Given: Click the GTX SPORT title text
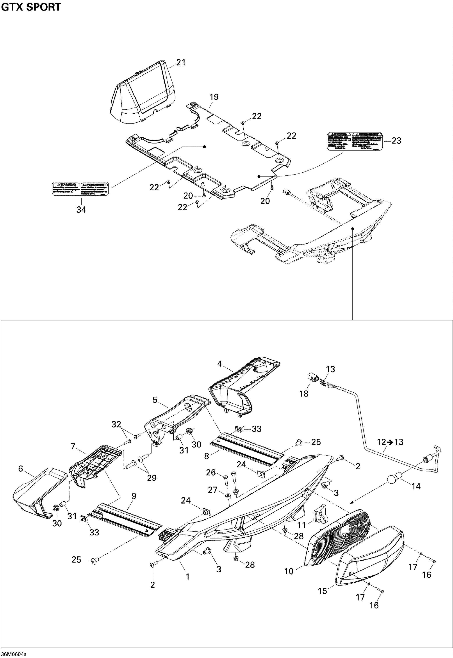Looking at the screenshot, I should click(31, 7).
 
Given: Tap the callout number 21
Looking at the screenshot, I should click(181, 63).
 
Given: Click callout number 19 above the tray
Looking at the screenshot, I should click(214, 97).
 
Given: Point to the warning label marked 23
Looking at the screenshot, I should click(355, 141).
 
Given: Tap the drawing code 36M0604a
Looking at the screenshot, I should click(14, 654).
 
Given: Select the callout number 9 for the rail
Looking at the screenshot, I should click(134, 496).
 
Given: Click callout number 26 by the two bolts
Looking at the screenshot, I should click(211, 472).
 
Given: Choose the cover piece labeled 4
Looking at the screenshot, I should click(244, 383).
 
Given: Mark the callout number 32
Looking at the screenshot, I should click(116, 424).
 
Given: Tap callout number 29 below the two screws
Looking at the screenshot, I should click(152, 478).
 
